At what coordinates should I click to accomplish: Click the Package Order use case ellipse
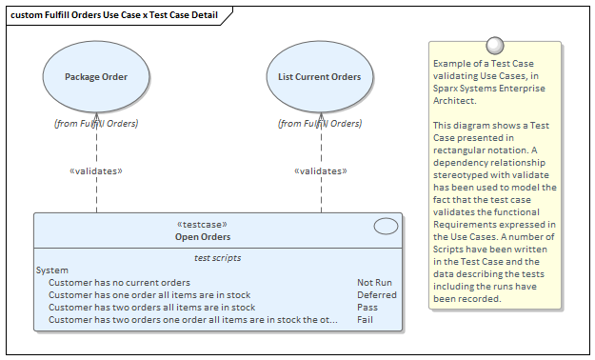pyautogui.click(x=96, y=77)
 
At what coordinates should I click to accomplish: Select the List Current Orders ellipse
pyautogui.click(x=319, y=77)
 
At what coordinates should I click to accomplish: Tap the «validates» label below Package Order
pyautogui.click(x=96, y=171)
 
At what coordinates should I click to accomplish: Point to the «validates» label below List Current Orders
pyautogui.click(x=319, y=171)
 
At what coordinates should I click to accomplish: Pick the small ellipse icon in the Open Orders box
pyautogui.click(x=386, y=226)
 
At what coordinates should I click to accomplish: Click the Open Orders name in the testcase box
pyautogui.click(x=203, y=236)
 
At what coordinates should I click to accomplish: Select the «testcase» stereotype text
pyautogui.click(x=203, y=225)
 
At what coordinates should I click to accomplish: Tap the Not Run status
pyautogui.click(x=374, y=283)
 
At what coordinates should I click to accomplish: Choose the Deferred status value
pyautogui.click(x=376, y=295)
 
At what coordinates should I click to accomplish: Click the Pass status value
pyautogui.click(x=367, y=308)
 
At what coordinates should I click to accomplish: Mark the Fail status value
pyautogui.click(x=366, y=320)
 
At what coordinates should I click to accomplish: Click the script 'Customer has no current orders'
pyautogui.click(x=119, y=283)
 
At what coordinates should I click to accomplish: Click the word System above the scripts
pyautogui.click(x=51, y=270)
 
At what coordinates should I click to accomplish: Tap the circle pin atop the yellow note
pyautogui.click(x=494, y=45)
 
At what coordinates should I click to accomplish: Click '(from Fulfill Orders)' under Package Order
pyautogui.click(x=96, y=123)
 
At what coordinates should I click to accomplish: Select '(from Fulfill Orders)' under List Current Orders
pyautogui.click(x=319, y=123)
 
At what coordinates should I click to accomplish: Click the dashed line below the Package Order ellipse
pyautogui.click(x=97, y=148)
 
